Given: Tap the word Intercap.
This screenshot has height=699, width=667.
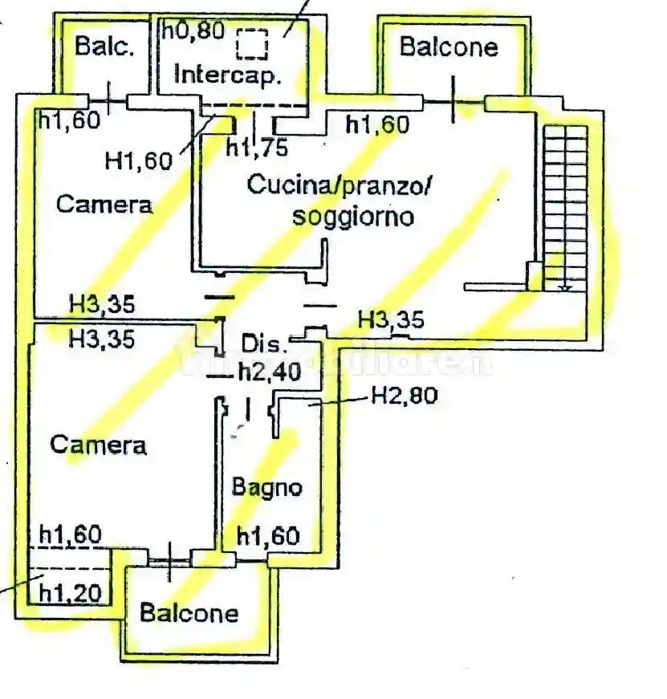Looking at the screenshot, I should coord(228,76).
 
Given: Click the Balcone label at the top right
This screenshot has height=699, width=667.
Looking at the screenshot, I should coord(449,47).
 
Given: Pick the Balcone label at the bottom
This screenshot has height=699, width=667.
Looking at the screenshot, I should coord(189,614).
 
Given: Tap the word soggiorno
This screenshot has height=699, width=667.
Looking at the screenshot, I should coord(352,216).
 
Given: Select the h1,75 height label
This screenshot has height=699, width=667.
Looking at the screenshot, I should coord(256,147).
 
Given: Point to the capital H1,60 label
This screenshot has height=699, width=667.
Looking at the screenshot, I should coord(139,161).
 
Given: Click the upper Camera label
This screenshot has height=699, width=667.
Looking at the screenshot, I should coord(104,205).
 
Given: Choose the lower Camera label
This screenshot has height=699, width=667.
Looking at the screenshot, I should coord(98,445).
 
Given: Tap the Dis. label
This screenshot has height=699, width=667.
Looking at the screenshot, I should coord(263,346).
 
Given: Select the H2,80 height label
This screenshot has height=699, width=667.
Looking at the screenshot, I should coord(405,396).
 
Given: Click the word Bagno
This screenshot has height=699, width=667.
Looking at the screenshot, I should coord(267,486).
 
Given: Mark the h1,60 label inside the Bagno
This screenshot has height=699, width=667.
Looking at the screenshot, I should coord(268,534).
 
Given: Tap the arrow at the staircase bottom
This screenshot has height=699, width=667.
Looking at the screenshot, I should coord(565,285).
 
